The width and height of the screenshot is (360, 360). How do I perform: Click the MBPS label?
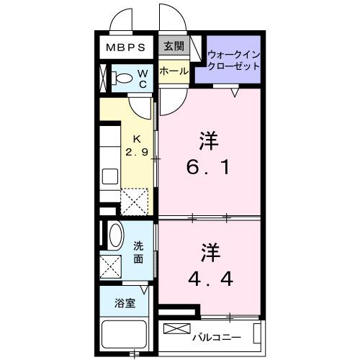click(126, 48)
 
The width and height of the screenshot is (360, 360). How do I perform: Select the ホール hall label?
click(173, 71)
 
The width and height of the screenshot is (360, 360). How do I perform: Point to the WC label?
click(143, 78)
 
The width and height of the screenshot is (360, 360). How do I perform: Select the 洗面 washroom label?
click(138, 252)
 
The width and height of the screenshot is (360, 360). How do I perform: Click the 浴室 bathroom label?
click(125, 303)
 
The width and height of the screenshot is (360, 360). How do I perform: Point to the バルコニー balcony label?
click(220, 336)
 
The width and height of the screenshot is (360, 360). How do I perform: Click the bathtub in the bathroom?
click(126, 336)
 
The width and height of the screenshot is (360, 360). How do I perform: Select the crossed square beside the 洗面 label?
click(112, 266)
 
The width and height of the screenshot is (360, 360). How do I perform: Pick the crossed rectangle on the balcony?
click(176, 329)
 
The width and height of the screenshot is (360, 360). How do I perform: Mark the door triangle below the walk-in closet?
click(235, 91)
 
